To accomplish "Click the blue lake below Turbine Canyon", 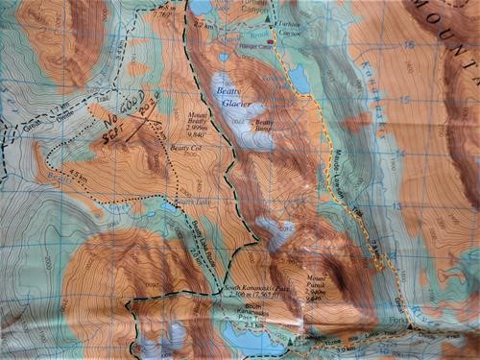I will click(300, 79).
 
